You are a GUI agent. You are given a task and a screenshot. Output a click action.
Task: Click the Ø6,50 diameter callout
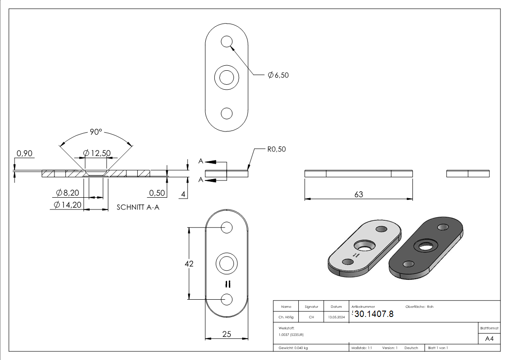pos(278,75)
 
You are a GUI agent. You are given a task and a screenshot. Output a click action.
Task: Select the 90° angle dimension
pos(96,132)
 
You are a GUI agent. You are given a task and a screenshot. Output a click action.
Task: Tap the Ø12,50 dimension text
pos(97,153)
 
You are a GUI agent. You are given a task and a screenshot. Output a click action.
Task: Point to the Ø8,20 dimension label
pos(68,193)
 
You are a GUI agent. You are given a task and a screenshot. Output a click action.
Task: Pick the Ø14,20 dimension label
pos(68,205)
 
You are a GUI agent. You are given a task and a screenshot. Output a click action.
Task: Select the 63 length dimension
pos(359,194)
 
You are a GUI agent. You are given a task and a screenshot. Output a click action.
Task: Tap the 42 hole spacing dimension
pos(189,263)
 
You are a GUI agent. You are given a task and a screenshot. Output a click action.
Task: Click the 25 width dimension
pos(227,334)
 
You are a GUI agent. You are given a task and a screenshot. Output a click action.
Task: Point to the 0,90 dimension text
pos(24,154)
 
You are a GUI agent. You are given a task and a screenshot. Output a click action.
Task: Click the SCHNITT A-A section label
pos(138,207)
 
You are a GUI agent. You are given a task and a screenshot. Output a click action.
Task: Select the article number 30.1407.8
pos(373,314)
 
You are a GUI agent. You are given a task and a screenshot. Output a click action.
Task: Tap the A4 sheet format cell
pos(490,339)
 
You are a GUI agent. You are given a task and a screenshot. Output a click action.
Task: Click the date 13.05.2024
pos(336,317)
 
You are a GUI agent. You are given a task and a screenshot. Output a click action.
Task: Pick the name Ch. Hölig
pos(286,317)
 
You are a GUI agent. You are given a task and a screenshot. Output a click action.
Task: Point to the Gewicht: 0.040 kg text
pos(293,348)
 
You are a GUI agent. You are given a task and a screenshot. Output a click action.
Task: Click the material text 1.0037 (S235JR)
pos(291,335)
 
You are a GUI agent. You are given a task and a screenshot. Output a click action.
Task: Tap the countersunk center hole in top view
pos(227,77)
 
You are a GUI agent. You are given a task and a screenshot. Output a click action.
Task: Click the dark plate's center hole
pos(425,246)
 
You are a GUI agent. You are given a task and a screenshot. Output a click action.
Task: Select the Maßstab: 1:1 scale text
pos(362,348)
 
